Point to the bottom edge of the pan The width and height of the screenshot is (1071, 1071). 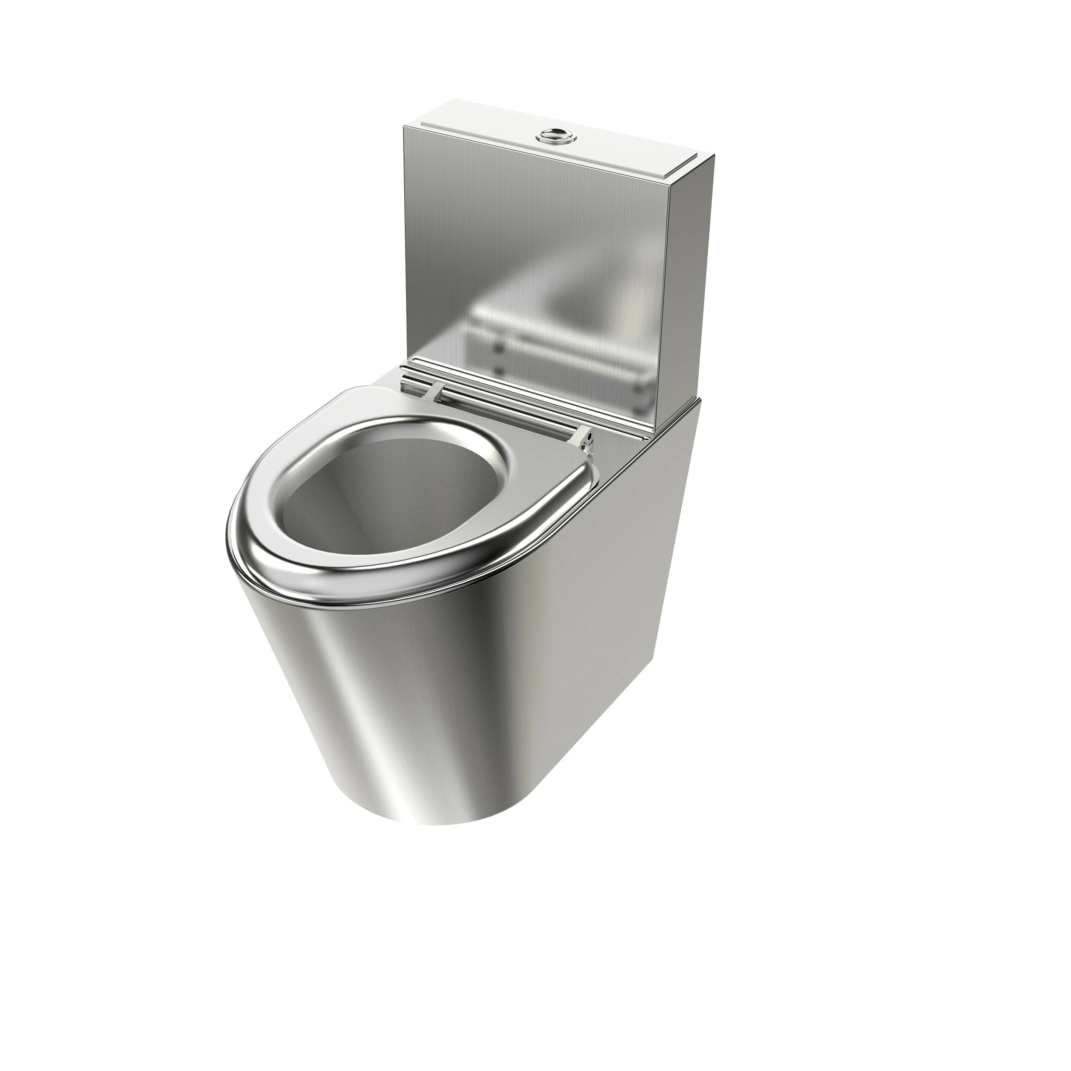(x=433, y=820)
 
